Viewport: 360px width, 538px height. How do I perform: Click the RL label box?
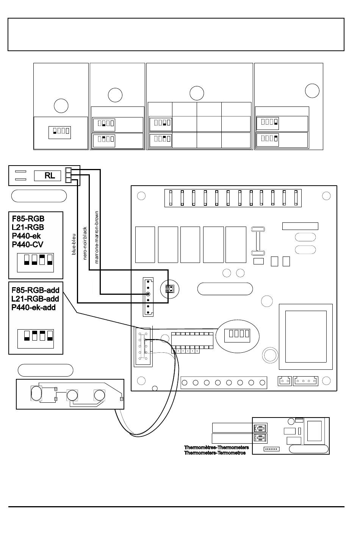point(47,175)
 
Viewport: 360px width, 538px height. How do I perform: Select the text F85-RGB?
point(28,219)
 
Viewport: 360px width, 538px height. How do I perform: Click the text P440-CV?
point(28,245)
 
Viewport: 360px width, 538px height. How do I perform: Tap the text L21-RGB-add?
point(35,299)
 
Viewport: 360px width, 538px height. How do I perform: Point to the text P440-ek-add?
point(34,307)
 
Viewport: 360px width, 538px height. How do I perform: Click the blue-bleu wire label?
point(74,244)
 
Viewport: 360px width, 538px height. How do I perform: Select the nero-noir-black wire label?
point(85,243)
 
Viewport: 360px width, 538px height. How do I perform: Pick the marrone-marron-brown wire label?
point(97,237)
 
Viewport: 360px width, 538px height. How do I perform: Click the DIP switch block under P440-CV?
point(35,263)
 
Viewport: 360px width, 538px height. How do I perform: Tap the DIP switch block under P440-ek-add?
point(36,339)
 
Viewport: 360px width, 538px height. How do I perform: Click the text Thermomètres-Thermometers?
point(216,447)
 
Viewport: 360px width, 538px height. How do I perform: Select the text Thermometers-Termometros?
point(215,453)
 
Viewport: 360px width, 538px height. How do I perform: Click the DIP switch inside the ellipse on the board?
point(237,335)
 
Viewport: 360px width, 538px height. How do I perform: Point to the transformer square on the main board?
point(306,336)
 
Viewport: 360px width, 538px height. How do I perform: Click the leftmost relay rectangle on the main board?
point(145,244)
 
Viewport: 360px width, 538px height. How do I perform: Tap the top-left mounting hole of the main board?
point(141,196)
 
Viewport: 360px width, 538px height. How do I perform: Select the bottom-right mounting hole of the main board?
point(326,381)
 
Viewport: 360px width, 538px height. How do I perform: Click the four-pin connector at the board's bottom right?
point(305,381)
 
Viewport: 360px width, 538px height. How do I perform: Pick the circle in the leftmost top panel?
point(61,106)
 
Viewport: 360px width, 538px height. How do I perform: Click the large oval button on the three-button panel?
point(36,393)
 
